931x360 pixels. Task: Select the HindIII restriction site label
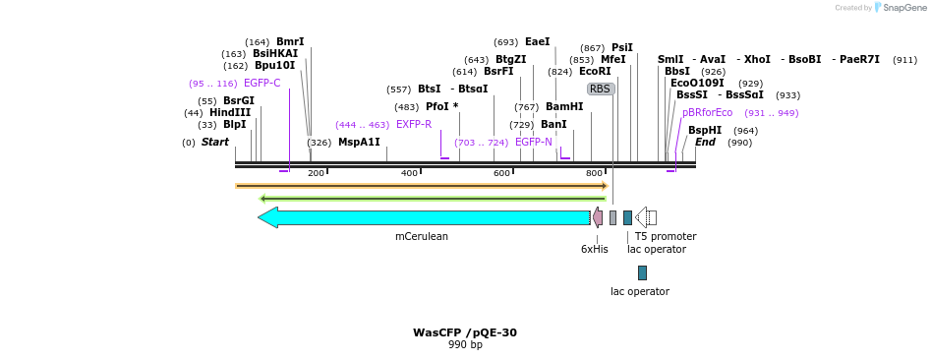(x=230, y=112)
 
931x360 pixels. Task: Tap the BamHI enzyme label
(x=564, y=106)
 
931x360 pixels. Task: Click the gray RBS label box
(x=601, y=89)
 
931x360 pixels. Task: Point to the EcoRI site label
(x=595, y=72)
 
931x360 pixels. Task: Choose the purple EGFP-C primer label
(x=262, y=84)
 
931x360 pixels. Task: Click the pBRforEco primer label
(x=707, y=113)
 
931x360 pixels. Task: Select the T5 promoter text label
(x=665, y=236)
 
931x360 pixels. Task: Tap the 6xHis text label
(x=594, y=249)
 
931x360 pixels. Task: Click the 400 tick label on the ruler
(x=410, y=173)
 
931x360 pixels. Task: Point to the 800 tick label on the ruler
(x=595, y=173)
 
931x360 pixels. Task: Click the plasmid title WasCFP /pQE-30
(x=465, y=332)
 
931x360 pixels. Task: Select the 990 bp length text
(x=465, y=345)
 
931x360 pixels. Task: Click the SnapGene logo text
(x=902, y=8)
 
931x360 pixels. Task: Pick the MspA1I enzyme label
(x=359, y=143)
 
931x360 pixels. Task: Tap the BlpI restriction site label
(x=234, y=125)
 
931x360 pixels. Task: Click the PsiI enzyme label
(x=622, y=47)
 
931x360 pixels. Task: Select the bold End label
(x=705, y=143)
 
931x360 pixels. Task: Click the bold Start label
(x=214, y=143)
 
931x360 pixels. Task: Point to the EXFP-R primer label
(x=414, y=125)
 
